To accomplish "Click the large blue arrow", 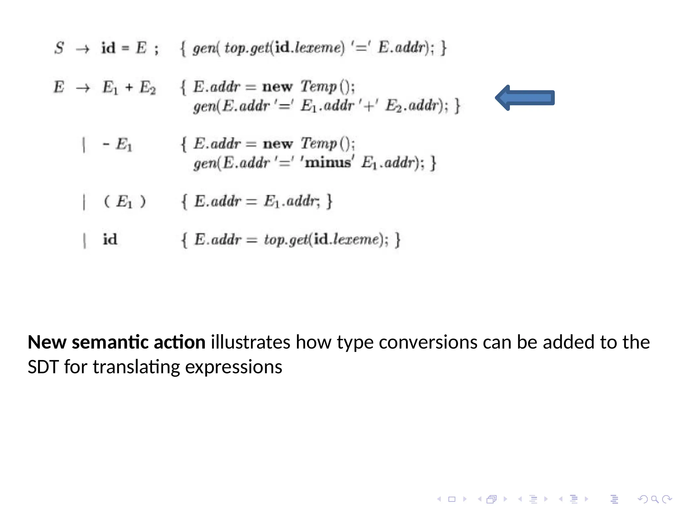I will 525,98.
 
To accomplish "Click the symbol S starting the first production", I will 59,48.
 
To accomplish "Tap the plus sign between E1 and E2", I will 129,87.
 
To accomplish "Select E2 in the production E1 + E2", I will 148,88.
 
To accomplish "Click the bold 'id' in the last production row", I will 110,239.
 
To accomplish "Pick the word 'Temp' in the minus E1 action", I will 319,144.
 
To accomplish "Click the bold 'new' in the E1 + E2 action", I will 278,87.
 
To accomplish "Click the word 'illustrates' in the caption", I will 250,342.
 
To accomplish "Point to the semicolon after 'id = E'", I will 156,49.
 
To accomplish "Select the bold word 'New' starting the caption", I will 47,342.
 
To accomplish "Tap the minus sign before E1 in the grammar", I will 106,144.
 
